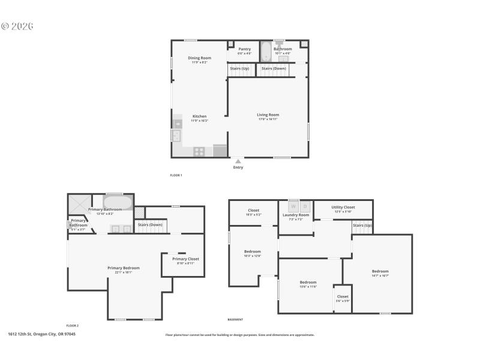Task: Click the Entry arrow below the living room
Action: pyautogui.click(x=238, y=161)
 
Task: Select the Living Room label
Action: pyautogui.click(x=268, y=115)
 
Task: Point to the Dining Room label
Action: pyautogui.click(x=199, y=58)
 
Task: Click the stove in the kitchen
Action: pyautogui.click(x=199, y=151)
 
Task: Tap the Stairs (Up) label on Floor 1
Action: pyautogui.click(x=239, y=68)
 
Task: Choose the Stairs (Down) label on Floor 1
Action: pyautogui.click(x=274, y=68)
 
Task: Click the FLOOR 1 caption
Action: pyautogui.click(x=176, y=175)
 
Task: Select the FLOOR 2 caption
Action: pyautogui.click(x=73, y=325)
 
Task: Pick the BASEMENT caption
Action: pyautogui.click(x=235, y=320)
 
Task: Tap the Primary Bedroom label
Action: pyautogui.click(x=124, y=268)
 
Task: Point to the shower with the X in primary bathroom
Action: pyautogui.click(x=79, y=205)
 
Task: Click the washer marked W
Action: pyautogui.click(x=293, y=206)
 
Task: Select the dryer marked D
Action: pyautogui.click(x=304, y=206)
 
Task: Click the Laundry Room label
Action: pyautogui.click(x=296, y=215)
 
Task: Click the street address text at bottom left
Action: pyautogui.click(x=41, y=334)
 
